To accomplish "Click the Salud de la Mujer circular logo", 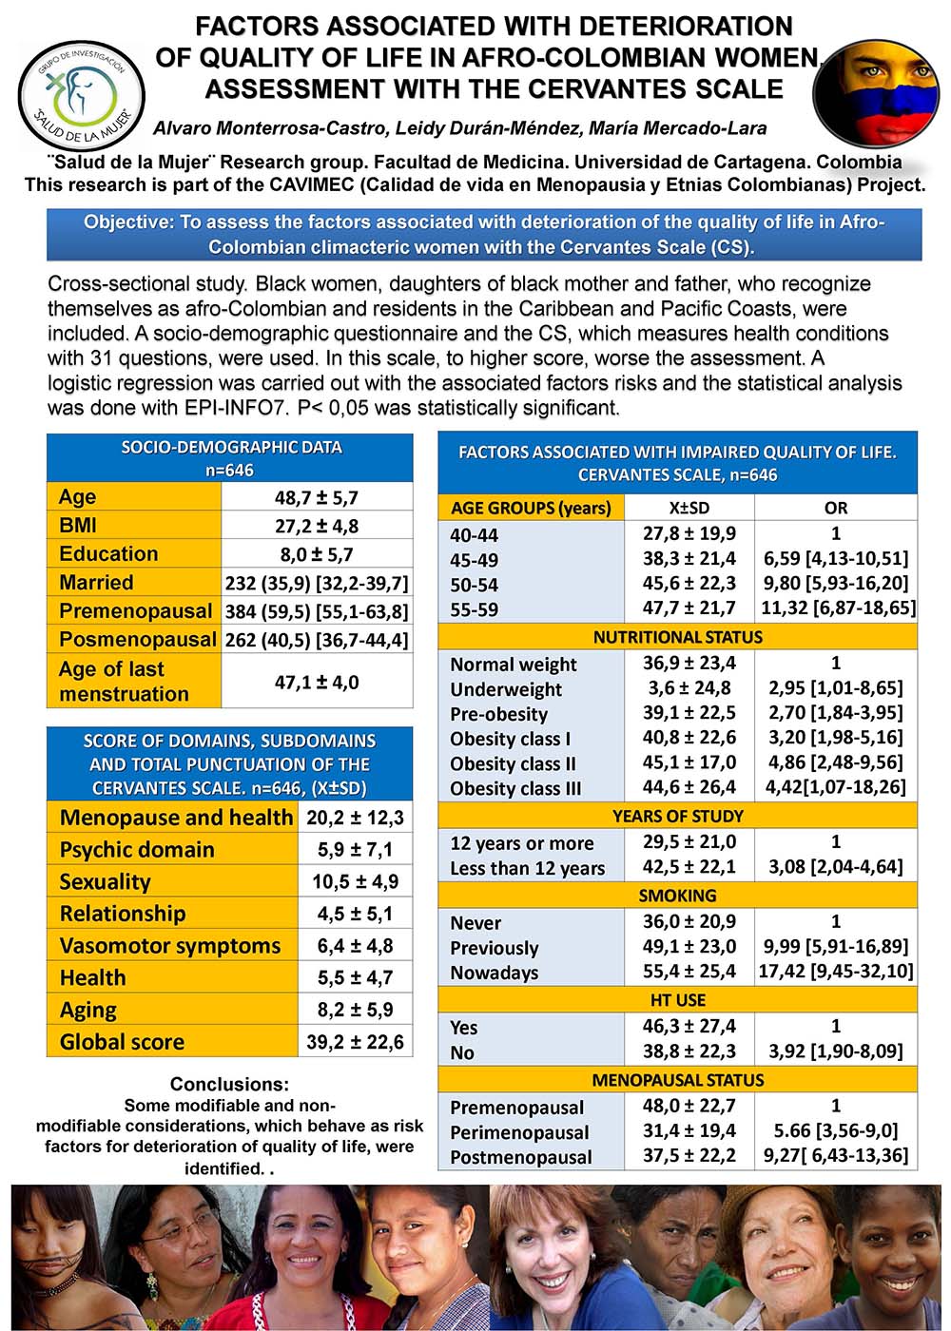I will coord(81,95).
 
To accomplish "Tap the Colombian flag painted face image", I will coord(876,92).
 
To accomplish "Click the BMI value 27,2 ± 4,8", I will coord(317,526).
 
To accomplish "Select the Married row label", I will coord(96,583).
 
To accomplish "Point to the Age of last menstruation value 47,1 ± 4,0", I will coord(317,682).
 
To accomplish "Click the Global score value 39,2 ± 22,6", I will coord(355,1042).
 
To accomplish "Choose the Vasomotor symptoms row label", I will coord(170,946).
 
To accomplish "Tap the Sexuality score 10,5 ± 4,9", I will coord(355,881).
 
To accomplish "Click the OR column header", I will coord(836,508).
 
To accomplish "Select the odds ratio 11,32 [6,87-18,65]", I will coord(838,608).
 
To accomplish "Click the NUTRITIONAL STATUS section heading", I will coord(677,637).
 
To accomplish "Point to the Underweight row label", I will coord(506,689).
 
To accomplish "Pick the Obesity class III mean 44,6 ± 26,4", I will coord(689,787).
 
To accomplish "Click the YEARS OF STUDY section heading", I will coord(677,816).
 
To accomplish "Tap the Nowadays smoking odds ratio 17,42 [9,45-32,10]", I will coord(836,972).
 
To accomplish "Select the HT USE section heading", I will coord(677,1000).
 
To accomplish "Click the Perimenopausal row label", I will coord(519,1132).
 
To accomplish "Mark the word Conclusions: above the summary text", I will coord(229,1084).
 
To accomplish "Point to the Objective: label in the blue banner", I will coord(128,222).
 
